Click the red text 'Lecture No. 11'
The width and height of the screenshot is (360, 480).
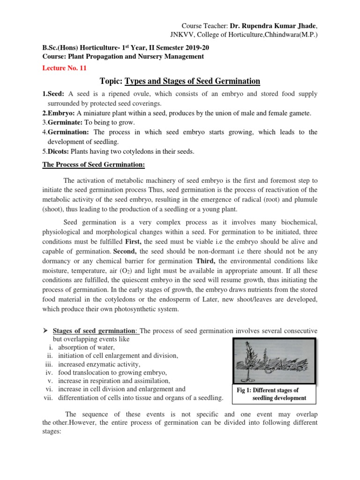(65, 67)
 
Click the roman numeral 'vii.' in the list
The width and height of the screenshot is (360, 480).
(49, 398)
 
